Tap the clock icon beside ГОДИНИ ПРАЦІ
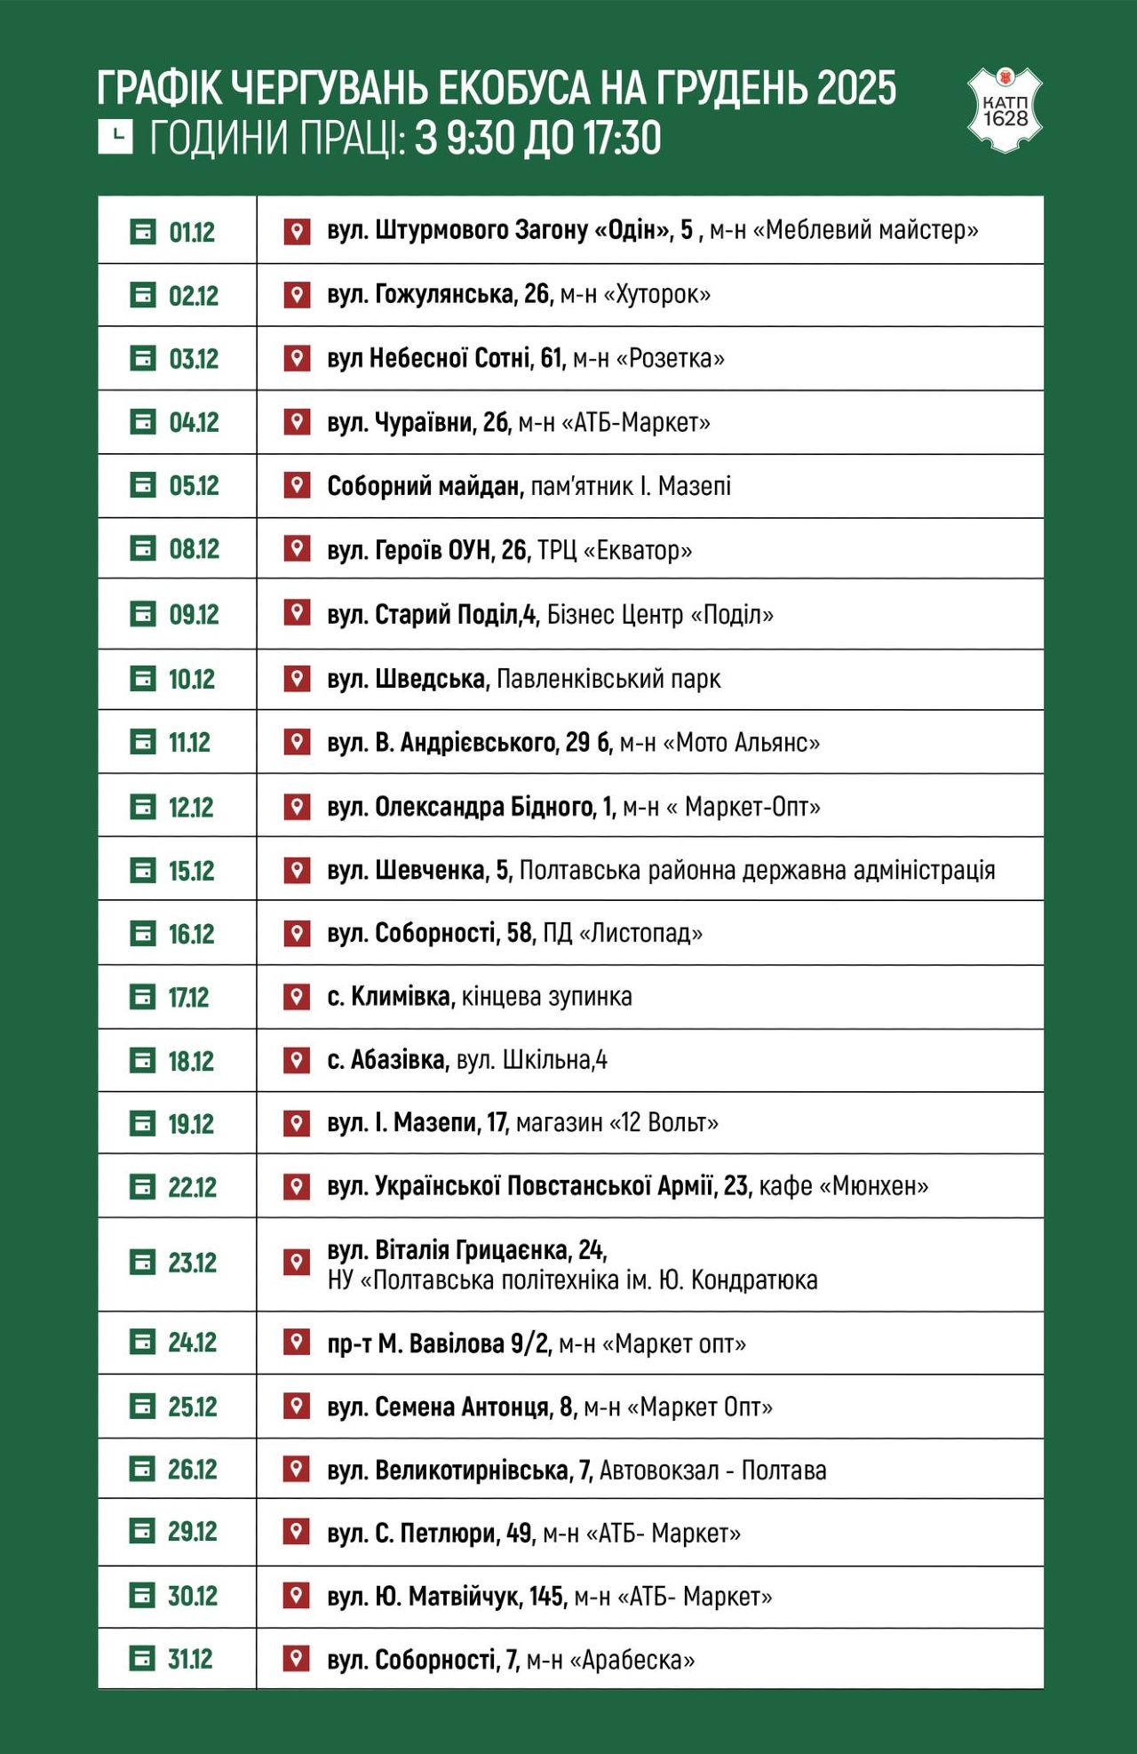coord(115,137)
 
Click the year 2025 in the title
coord(856,88)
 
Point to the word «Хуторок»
coord(657,294)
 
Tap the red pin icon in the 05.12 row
coord(297,485)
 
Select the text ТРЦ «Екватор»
coord(615,550)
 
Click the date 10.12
coord(192,680)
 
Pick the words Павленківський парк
coord(608,680)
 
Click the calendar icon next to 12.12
coord(143,807)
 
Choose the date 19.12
coord(191,1124)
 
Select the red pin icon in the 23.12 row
coord(297,1262)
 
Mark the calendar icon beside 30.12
coord(143,1596)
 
